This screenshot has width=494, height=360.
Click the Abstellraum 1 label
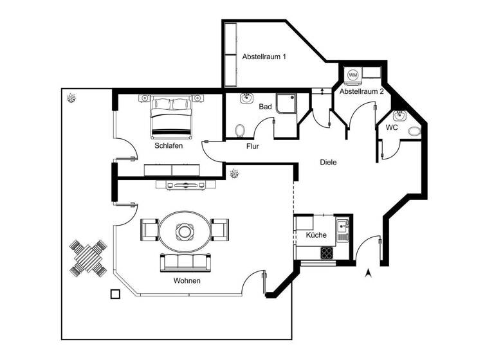point(264,57)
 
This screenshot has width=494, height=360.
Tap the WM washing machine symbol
point(353,75)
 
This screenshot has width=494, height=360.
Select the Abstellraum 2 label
point(361,92)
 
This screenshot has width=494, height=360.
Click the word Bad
point(266,107)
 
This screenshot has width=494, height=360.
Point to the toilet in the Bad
point(240,130)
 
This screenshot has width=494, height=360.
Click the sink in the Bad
point(246,98)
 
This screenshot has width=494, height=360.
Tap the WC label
point(391,128)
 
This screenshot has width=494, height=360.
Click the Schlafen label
point(169,146)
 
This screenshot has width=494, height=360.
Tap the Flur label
point(253,147)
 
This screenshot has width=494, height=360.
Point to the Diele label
point(328,163)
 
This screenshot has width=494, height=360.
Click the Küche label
point(316,235)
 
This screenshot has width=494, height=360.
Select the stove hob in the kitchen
point(327,252)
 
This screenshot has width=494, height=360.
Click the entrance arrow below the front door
point(368,273)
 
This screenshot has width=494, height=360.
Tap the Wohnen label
point(187,282)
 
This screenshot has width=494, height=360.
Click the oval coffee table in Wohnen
point(185,231)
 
